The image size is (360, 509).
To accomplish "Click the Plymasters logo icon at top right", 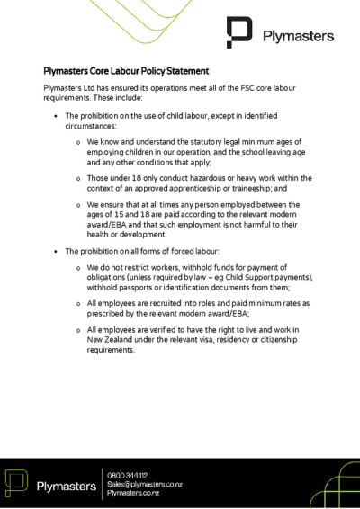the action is [x=240, y=33].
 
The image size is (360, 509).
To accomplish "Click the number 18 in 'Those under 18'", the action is [x=136, y=179].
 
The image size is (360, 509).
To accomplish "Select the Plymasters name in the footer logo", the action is [x=66, y=486].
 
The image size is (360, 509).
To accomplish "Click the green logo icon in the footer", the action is [x=17, y=483].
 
